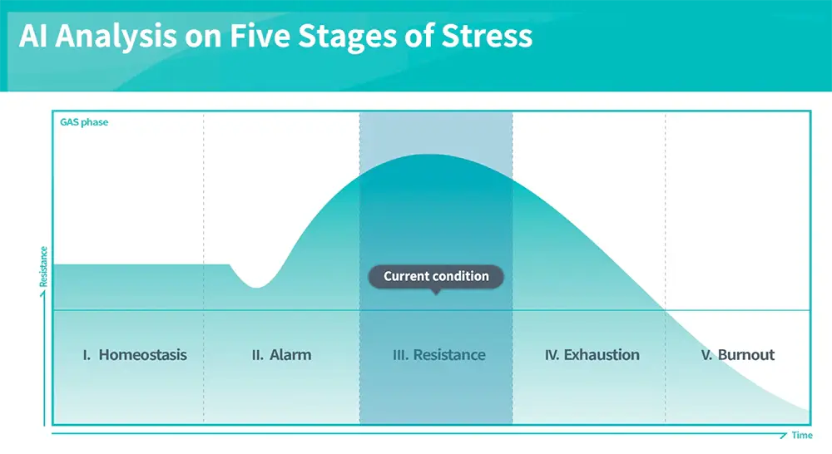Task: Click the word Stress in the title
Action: (487, 36)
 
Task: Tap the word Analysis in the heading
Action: (116, 37)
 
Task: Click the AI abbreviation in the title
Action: (33, 36)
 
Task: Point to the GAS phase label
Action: (84, 122)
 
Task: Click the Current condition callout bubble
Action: (436, 276)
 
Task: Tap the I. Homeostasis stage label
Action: (135, 355)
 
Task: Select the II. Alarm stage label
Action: (281, 355)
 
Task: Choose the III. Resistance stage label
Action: (438, 355)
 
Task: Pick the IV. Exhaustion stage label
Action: (592, 355)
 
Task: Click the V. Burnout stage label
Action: (737, 355)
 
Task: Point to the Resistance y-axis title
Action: (43, 266)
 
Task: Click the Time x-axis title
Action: (802, 436)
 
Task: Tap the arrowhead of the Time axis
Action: (785, 435)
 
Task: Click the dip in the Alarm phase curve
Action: (257, 287)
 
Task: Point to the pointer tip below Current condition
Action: (436, 294)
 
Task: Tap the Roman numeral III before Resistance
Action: (401, 355)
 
